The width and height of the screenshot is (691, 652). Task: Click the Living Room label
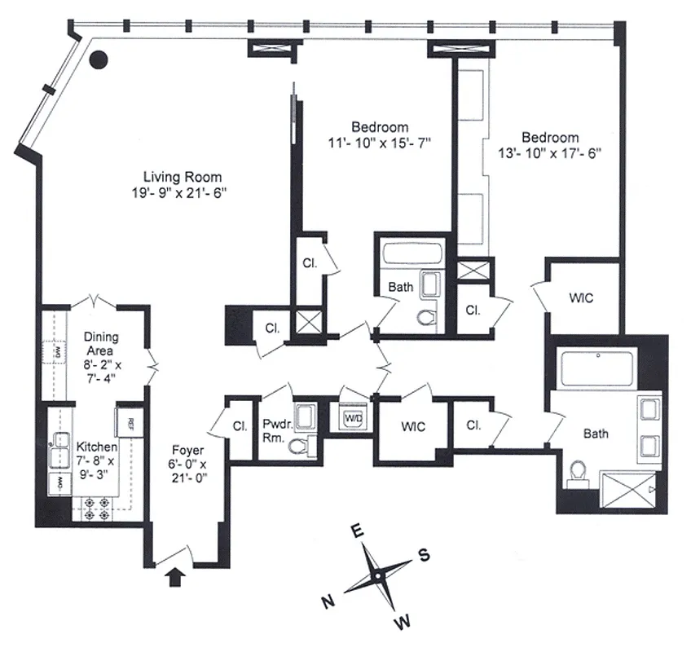pyautogui.click(x=183, y=177)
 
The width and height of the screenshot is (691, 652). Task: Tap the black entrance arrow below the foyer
pyautogui.click(x=174, y=578)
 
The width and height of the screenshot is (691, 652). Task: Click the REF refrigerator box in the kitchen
pyautogui.click(x=130, y=421)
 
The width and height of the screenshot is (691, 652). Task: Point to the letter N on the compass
pyautogui.click(x=330, y=602)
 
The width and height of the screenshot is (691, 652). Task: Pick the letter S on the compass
pyautogui.click(x=423, y=555)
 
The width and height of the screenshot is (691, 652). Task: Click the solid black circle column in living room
pyautogui.click(x=99, y=59)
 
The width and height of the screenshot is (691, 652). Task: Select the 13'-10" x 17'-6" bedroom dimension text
pyautogui.click(x=551, y=152)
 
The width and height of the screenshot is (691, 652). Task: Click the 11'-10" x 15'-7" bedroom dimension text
pyautogui.click(x=380, y=142)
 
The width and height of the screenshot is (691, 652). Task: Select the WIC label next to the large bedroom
pyautogui.click(x=581, y=298)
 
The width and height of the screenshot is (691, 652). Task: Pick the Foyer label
pyautogui.click(x=187, y=450)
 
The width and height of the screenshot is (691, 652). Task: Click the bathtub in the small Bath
pyautogui.click(x=412, y=253)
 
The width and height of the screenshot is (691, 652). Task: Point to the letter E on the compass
pyautogui.click(x=356, y=531)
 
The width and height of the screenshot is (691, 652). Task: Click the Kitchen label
pyautogui.click(x=97, y=447)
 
